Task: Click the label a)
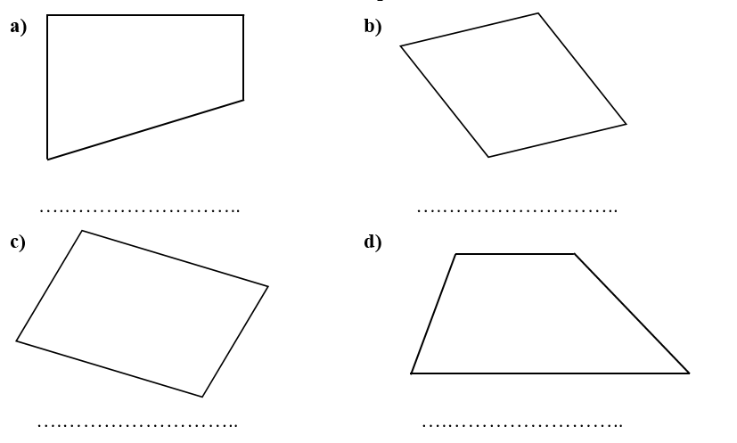[19, 27]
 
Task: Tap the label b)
[373, 27]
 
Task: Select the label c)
[18, 242]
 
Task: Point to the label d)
[373, 242]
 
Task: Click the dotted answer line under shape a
[140, 210]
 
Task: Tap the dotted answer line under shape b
[518, 210]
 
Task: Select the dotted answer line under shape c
[138, 425]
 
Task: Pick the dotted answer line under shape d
[522, 425]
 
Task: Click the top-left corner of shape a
[47, 15]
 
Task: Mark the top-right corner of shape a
[243, 15]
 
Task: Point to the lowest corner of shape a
[47, 160]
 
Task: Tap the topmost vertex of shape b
[538, 13]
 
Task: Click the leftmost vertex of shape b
[400, 46]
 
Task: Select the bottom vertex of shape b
[488, 157]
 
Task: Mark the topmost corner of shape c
[82, 231]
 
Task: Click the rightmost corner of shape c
[268, 286]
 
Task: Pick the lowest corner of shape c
[202, 397]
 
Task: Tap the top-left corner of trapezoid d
[455, 254]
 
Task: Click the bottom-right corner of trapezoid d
[689, 373]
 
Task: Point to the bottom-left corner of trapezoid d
[411, 373]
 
